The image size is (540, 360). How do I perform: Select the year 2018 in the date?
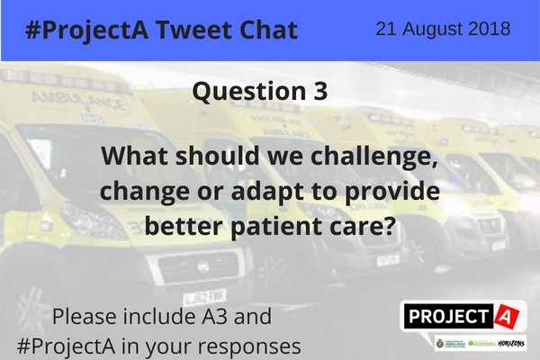(490, 29)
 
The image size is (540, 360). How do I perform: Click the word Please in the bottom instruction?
(86, 317)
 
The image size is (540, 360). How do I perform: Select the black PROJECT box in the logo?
(447, 316)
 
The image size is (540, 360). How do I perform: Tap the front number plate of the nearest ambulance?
(204, 294)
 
